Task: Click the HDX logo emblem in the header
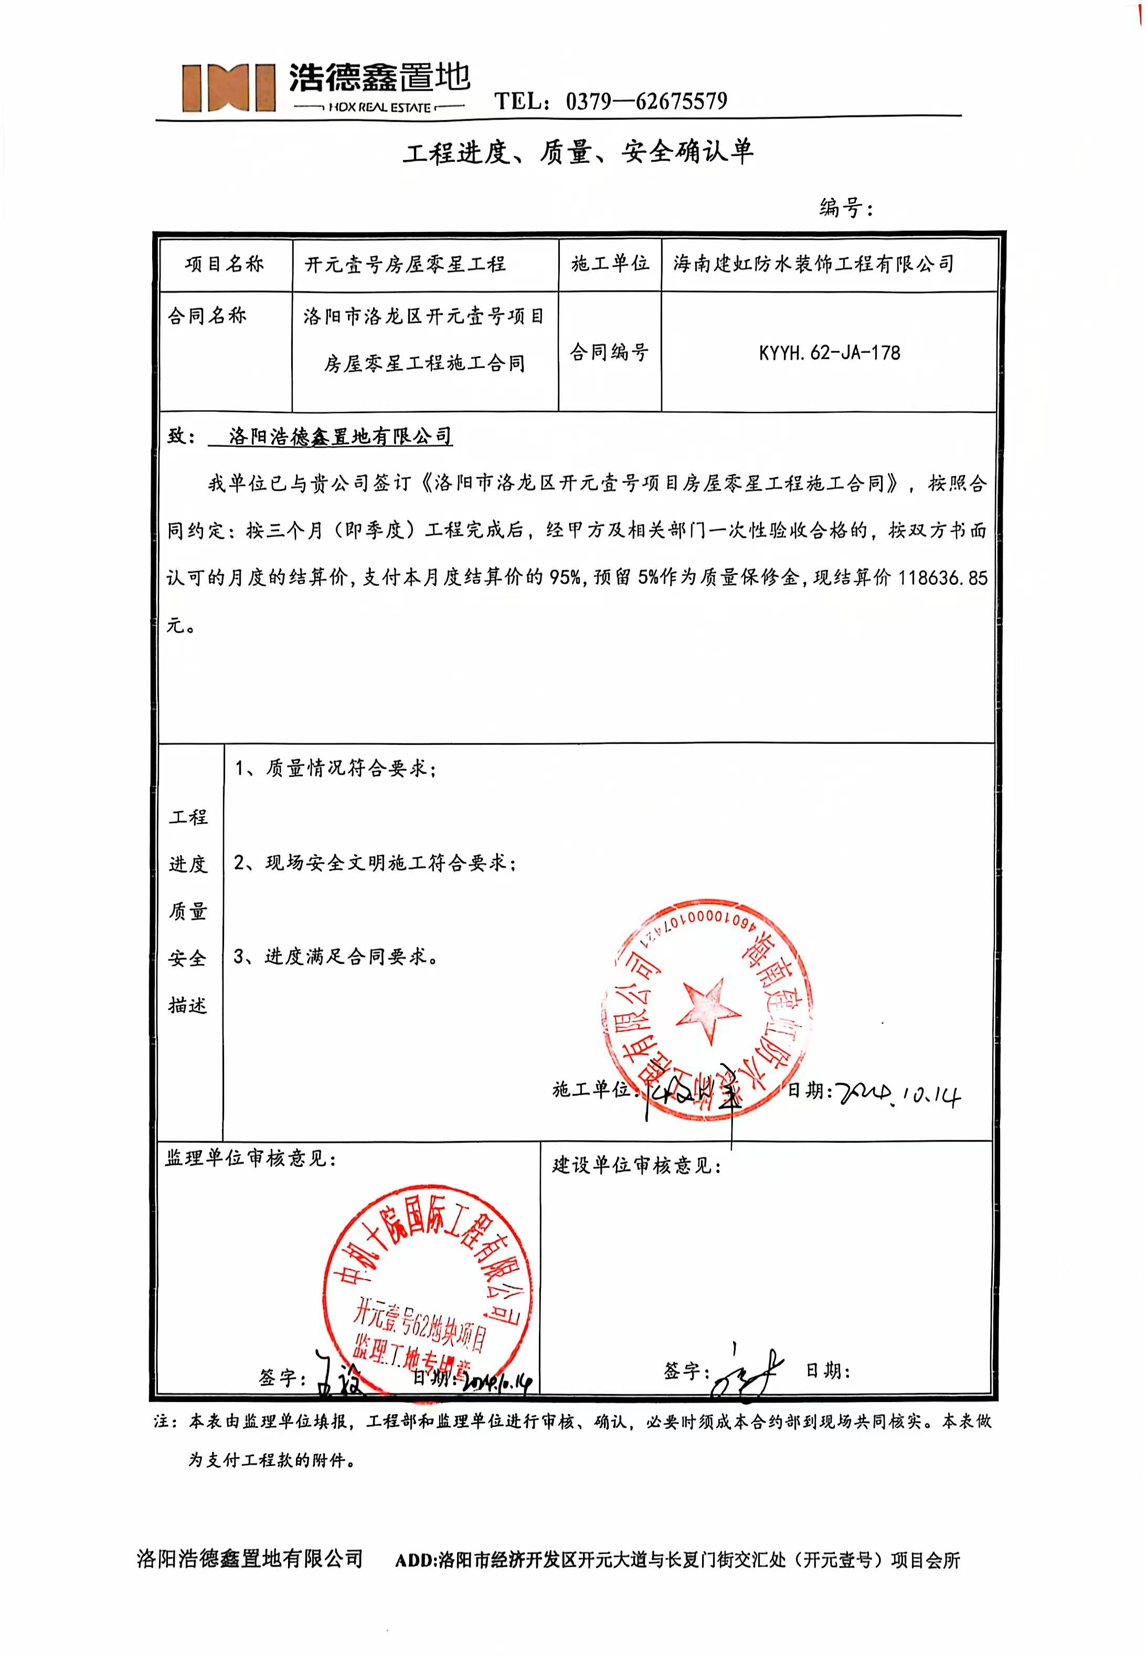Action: coord(228,87)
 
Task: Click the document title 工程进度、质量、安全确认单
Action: coord(578,152)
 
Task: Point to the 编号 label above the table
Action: coord(846,208)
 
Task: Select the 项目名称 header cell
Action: coord(225,264)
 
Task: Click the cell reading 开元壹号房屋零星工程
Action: coord(406,264)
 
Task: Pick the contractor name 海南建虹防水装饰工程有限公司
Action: coord(813,264)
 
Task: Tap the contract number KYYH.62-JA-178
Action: coord(830,353)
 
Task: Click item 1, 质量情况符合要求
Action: coord(335,768)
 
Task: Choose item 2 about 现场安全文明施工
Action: coord(375,862)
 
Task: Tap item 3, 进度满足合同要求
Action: coord(336,956)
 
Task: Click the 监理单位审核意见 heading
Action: coord(250,1158)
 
